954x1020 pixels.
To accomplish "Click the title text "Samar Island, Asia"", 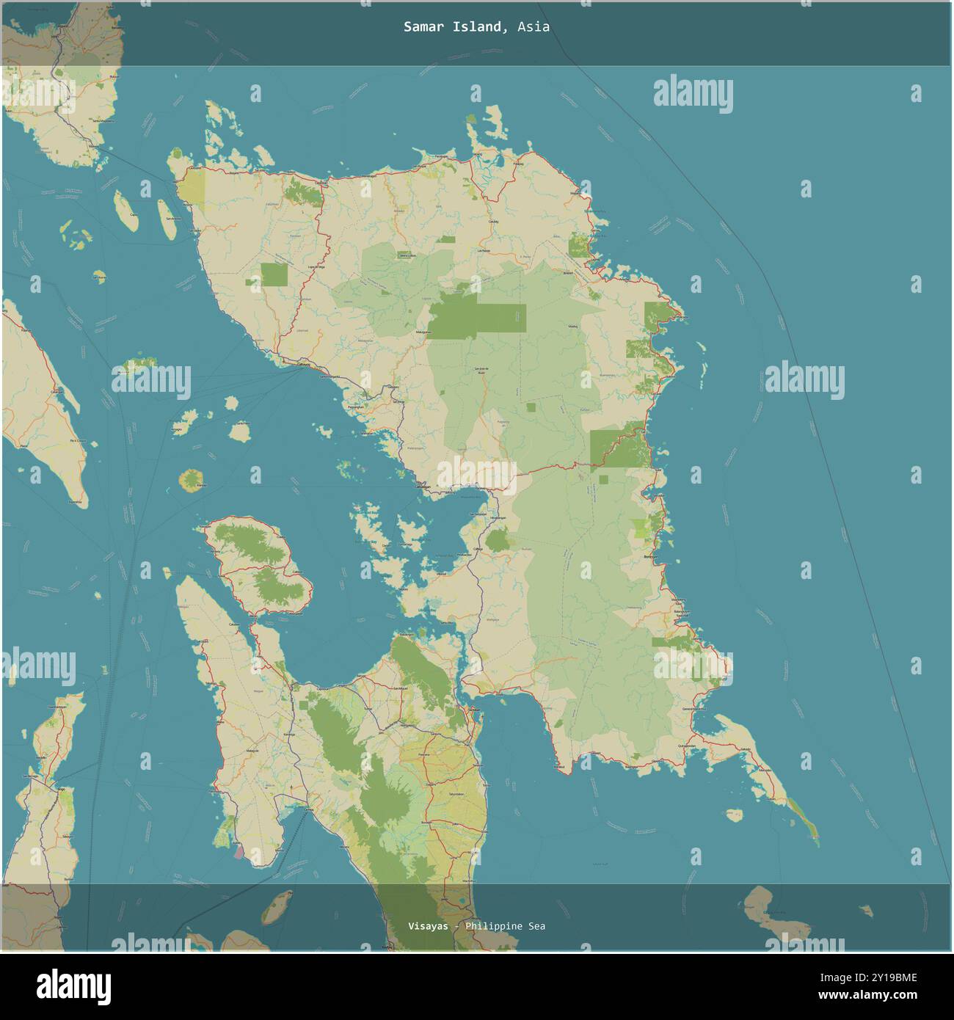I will [476, 27].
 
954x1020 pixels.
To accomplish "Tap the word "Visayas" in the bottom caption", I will [428, 926].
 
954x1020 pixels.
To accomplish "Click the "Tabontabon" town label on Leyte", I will [456, 795].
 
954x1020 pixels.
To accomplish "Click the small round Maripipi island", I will [192, 481].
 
